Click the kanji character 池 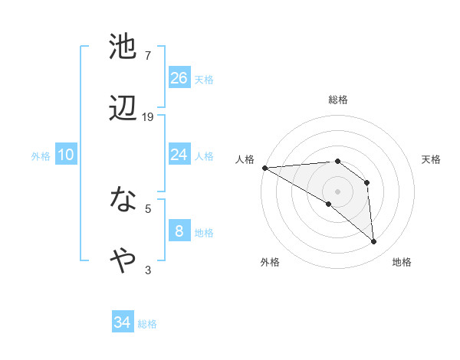pyautogui.click(x=123, y=47)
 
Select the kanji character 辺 pyautogui.click(x=123, y=108)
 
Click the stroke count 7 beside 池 pyautogui.click(x=148, y=56)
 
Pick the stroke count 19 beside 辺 pyautogui.click(x=148, y=116)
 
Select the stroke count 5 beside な pyautogui.click(x=148, y=208)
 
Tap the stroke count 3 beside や pyautogui.click(x=148, y=270)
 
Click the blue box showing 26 pyautogui.click(x=179, y=78)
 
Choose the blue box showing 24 pyautogui.click(x=179, y=155)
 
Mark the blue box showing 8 pyautogui.click(x=179, y=231)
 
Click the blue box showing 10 pyautogui.click(x=66, y=155)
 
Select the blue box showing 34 pyautogui.click(x=123, y=323)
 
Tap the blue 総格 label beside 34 pyautogui.click(x=147, y=324)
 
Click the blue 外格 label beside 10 pyautogui.click(x=41, y=156)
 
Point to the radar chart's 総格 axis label pyautogui.click(x=338, y=100)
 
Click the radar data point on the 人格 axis pyautogui.click(x=264, y=168)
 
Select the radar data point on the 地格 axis pyautogui.click(x=374, y=242)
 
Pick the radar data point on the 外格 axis pyautogui.click(x=329, y=204)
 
